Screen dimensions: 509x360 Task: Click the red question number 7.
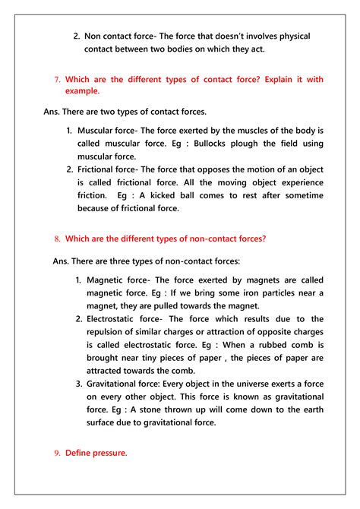tap(58, 79)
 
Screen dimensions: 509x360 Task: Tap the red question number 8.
tap(58, 239)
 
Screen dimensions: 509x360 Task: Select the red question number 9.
tap(58, 453)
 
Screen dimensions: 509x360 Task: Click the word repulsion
tap(112, 332)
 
